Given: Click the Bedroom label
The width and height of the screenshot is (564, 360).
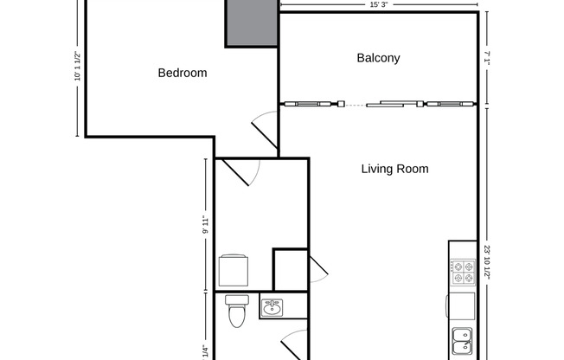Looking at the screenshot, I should pos(182,73).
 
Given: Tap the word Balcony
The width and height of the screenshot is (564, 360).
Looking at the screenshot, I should pos(378,58).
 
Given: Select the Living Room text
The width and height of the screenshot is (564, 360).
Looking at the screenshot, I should pos(394,169).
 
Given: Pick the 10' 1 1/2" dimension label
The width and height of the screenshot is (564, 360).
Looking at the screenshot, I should pos(77,67).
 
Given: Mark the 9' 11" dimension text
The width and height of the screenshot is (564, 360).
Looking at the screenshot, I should pos(205,225).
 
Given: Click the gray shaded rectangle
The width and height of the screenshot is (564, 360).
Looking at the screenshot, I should pos(252,22).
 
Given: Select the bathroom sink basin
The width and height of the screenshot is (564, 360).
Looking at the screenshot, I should pos(272,306).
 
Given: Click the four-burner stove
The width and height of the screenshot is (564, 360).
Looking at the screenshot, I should pos(463,273).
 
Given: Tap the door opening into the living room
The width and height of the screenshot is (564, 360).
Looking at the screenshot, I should pos(317,269).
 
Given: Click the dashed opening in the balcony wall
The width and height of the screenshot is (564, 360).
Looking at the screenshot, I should pos(349,105).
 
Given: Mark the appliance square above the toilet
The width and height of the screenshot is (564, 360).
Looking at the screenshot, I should pos(234,269).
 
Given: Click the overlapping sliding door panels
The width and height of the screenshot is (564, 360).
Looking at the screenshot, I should pos(394,105).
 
